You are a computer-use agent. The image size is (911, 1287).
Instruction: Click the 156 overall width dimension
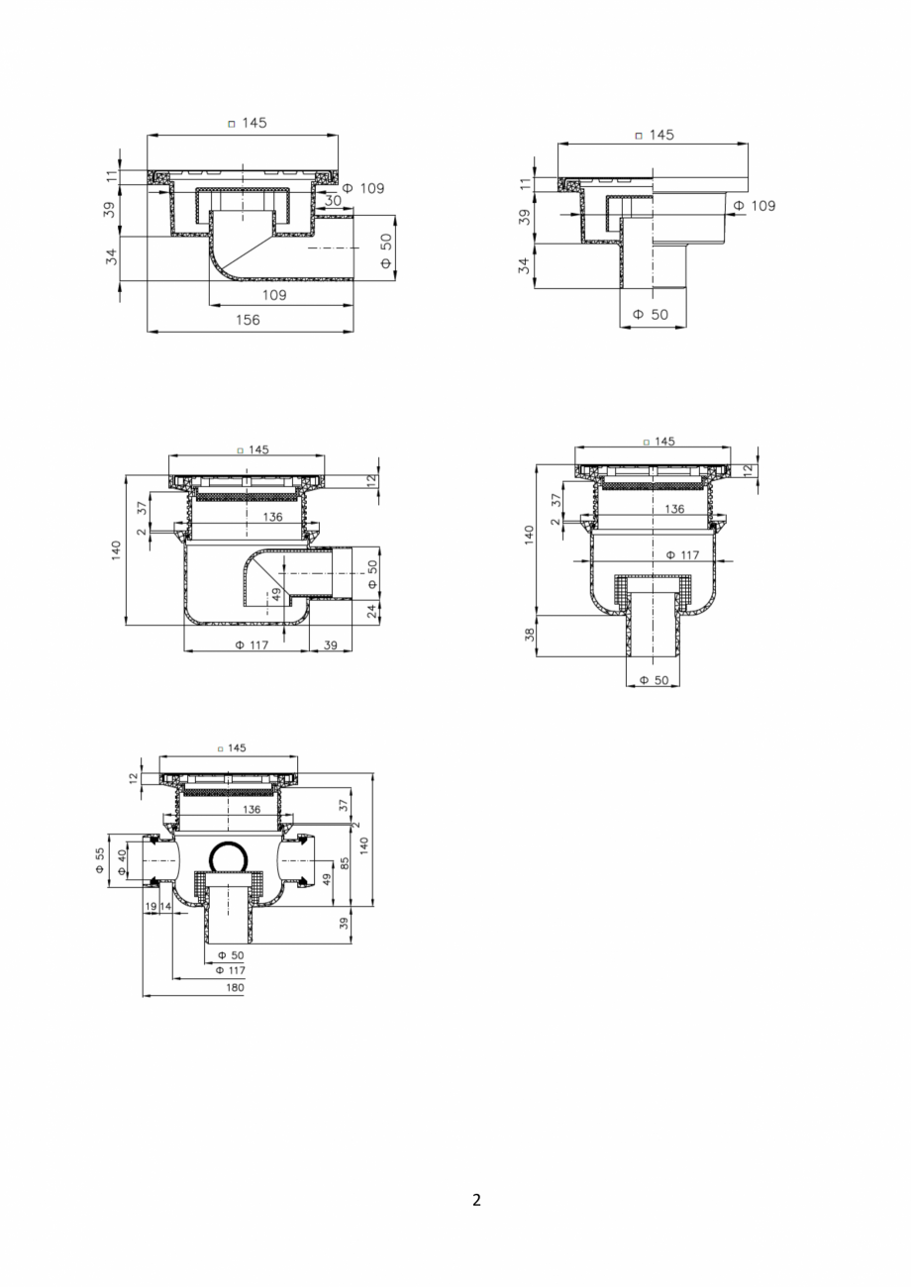coord(248,320)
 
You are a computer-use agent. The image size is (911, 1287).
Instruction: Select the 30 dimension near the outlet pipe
coord(333,200)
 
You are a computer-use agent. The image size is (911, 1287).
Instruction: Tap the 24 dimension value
coord(372,612)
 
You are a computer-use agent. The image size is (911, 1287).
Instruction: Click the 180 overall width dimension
coord(235,987)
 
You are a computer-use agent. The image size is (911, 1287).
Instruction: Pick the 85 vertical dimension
coord(345,862)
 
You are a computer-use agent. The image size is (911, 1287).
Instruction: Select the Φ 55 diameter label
coord(100,860)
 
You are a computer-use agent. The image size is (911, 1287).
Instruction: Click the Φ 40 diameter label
coord(122,862)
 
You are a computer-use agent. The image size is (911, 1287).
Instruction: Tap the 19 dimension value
coord(152,906)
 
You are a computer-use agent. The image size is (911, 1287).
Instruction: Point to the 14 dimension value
coord(165,906)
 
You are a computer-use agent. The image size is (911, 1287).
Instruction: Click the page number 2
coord(476,1200)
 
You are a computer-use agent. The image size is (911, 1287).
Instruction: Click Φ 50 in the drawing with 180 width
coord(230,955)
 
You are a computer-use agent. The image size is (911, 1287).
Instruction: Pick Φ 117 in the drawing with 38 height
coord(682,555)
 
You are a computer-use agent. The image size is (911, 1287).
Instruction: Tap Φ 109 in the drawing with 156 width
coord(363,188)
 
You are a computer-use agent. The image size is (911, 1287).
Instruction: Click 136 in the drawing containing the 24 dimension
coord(272,517)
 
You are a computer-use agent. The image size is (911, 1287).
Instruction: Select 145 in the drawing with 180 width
coord(236,748)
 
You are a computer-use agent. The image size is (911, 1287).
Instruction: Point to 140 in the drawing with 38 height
coord(530,535)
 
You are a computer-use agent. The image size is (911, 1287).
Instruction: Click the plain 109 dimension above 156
coord(274,295)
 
